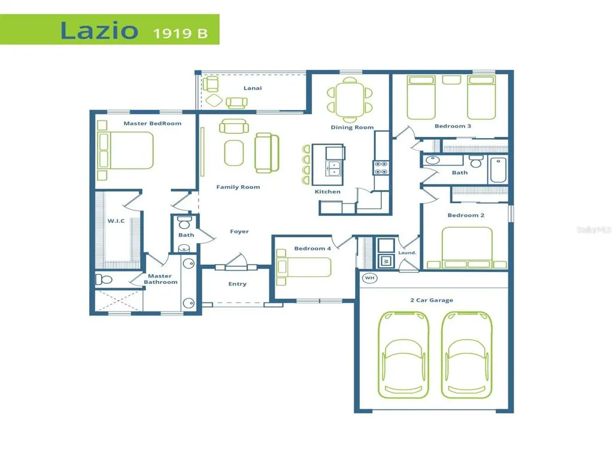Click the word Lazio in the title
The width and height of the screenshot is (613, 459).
coord(99,30)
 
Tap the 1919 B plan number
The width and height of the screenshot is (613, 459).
coord(180,33)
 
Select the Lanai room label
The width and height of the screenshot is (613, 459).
coord(253,88)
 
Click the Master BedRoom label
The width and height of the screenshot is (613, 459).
coord(153,123)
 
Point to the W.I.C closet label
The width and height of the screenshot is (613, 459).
coord(116,221)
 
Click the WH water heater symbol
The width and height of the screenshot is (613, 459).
coord(369,278)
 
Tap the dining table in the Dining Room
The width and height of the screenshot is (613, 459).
coord(350,100)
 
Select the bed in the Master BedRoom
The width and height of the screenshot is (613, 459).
coord(126,150)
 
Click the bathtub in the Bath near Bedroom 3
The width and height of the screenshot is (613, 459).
coord(499,170)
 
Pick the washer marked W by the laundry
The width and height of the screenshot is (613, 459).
coord(386,261)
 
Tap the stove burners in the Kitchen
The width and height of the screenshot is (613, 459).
coord(381,168)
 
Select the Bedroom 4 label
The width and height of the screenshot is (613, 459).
coord(312,248)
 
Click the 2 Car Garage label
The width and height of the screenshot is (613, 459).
coord(432,300)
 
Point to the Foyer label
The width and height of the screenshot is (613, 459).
coord(239,231)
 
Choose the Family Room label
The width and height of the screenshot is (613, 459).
coord(238,187)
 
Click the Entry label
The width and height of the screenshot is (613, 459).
coord(237,284)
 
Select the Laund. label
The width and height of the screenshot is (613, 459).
coord(407,253)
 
